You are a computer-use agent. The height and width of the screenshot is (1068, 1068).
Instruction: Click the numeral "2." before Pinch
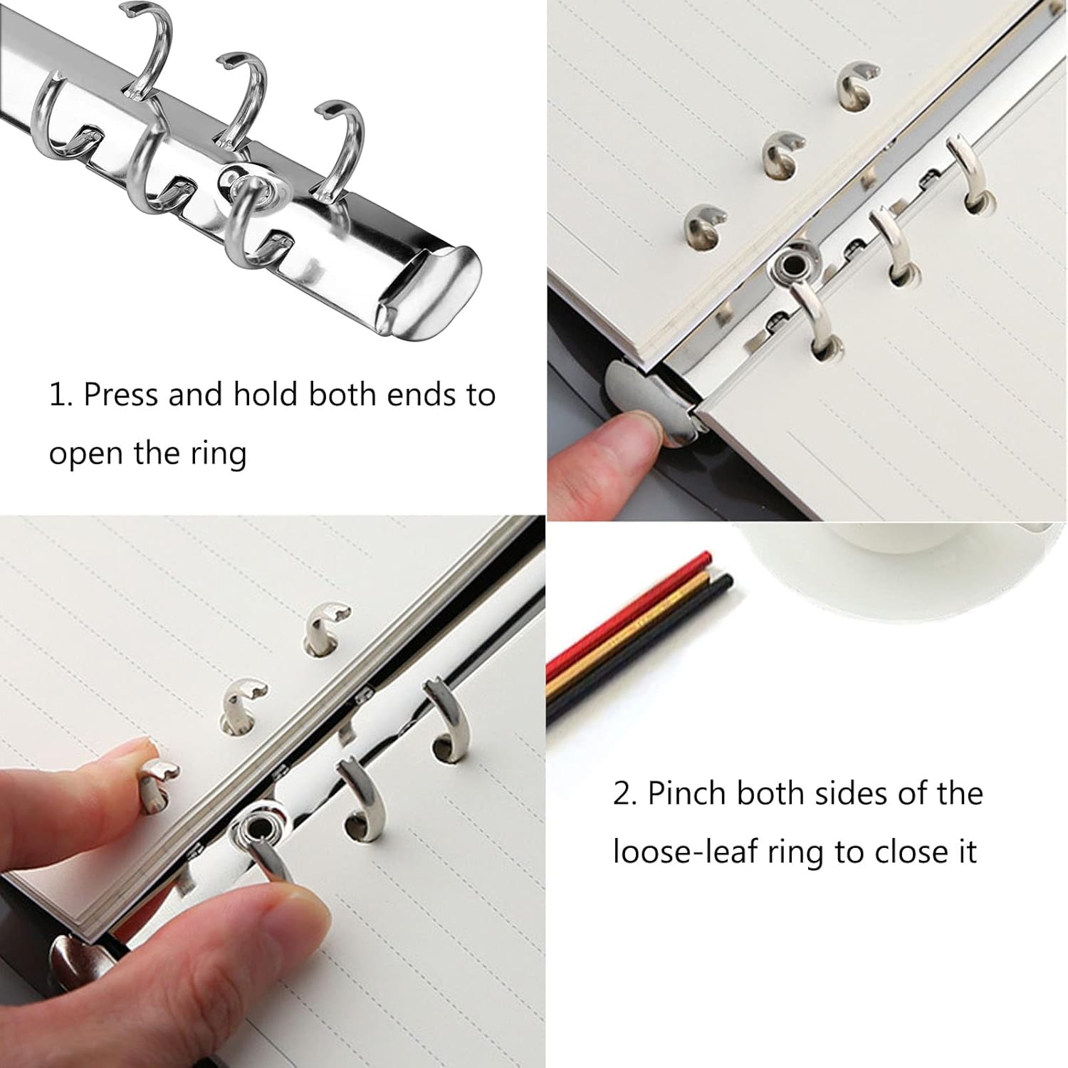tap(624, 794)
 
